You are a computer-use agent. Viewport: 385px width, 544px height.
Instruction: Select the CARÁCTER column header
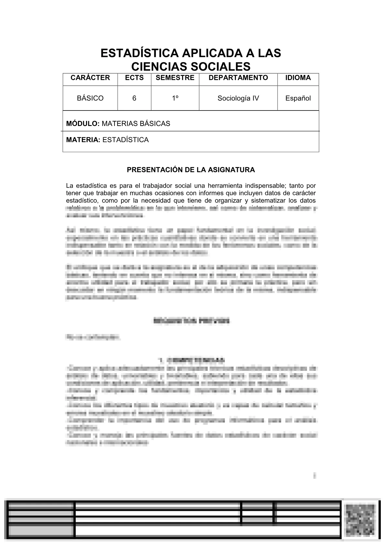click(90, 78)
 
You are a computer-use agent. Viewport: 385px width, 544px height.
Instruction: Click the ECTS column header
click(134, 78)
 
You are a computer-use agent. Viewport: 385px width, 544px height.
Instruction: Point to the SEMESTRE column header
click(175, 78)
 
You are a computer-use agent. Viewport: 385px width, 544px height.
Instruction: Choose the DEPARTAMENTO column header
click(238, 78)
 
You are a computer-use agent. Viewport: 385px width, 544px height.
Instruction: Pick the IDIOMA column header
click(298, 78)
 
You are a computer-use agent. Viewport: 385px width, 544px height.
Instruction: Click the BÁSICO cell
click(90, 98)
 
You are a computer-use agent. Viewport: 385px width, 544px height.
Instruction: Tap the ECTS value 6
click(134, 98)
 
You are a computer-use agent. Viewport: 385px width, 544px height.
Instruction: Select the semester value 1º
click(175, 98)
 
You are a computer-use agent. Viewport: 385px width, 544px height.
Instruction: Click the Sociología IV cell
click(238, 98)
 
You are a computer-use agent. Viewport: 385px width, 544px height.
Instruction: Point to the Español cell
click(298, 98)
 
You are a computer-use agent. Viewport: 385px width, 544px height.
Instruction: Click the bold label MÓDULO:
click(83, 124)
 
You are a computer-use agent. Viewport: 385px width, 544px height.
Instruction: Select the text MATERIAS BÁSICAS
click(136, 124)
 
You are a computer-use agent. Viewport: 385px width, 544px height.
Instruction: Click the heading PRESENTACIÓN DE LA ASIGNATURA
click(191, 170)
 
